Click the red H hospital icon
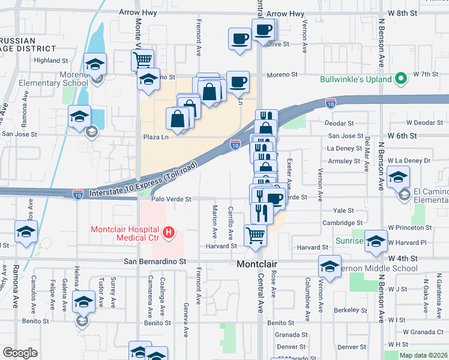(170, 231)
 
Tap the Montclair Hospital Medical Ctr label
(125, 235)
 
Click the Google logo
(20, 353)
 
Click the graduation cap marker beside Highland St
(94, 64)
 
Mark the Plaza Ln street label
(155, 137)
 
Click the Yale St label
(344, 211)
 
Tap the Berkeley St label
(351, 310)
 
